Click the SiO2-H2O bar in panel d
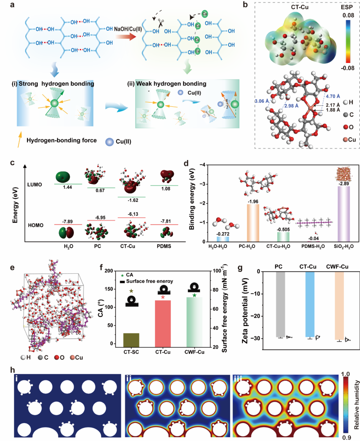[x=344, y=214]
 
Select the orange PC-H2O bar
[x=253, y=223]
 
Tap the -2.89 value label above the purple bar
[x=344, y=184]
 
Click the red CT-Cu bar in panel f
[x=163, y=323]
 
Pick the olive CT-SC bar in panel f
[x=131, y=340]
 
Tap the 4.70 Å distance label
[x=333, y=96]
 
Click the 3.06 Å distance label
[x=262, y=101]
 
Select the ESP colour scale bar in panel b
[x=348, y=41]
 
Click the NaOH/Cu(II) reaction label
[x=128, y=29]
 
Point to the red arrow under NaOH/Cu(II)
[x=128, y=37]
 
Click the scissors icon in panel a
[x=161, y=23]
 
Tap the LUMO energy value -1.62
[x=133, y=200]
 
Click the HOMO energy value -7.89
[x=67, y=222]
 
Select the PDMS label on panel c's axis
[x=164, y=246]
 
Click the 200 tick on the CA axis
[x=109, y=271]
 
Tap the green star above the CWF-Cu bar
[x=194, y=295]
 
